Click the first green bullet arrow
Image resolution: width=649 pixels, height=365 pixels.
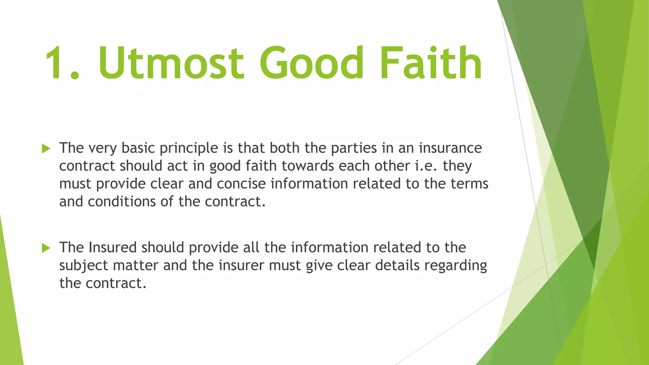click(46, 148)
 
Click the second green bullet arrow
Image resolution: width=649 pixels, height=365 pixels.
click(46, 248)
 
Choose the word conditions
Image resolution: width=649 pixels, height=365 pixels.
click(122, 202)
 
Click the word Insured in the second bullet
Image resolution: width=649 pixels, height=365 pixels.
click(112, 247)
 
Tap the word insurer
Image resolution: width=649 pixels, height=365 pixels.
click(241, 266)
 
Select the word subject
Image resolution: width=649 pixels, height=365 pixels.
click(84, 266)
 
